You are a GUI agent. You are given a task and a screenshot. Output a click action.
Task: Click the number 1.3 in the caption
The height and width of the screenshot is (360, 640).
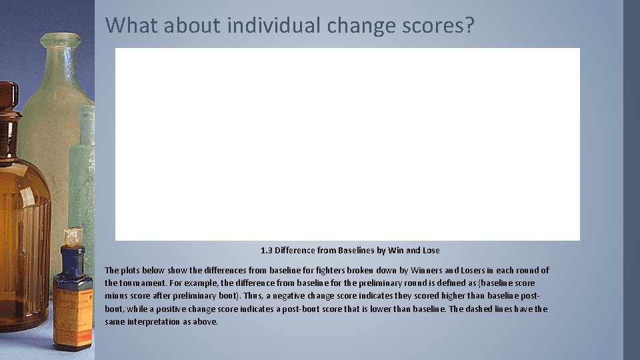[x=267, y=250]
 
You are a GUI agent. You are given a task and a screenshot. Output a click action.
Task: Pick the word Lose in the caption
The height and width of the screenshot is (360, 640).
[x=431, y=250]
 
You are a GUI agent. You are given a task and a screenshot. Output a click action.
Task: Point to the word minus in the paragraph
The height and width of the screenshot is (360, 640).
[x=116, y=296]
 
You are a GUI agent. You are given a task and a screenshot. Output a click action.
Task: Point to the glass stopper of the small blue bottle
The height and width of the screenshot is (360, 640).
[x=73, y=235]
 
